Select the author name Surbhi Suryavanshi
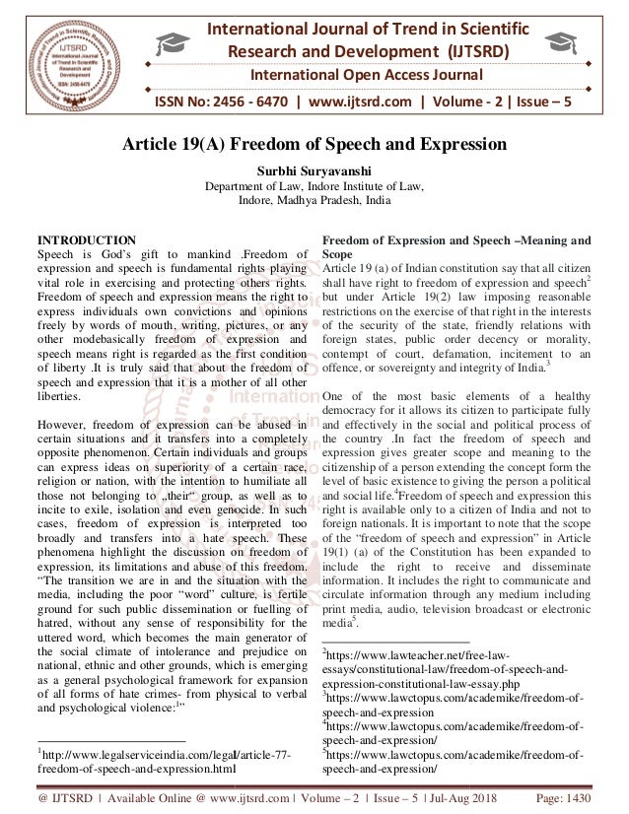coord(314,170)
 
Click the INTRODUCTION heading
coord(87,240)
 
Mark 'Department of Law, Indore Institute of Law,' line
coord(314,184)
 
